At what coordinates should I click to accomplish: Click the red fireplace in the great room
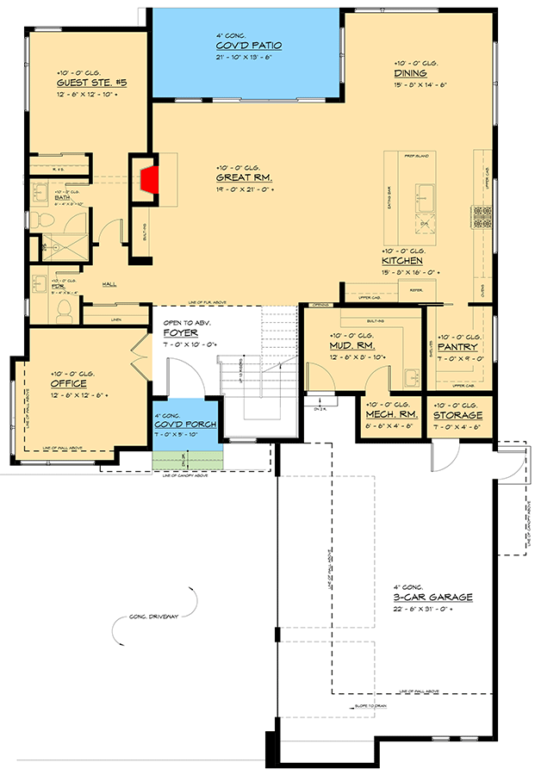[x=147, y=182]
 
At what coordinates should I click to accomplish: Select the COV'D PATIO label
[x=248, y=46]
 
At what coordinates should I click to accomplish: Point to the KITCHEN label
[x=402, y=260]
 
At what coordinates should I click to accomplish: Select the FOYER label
[x=180, y=332]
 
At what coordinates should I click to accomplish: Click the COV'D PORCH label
[x=186, y=425]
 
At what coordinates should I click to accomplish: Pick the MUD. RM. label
[x=351, y=344]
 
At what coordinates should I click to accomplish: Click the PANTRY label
[x=457, y=347]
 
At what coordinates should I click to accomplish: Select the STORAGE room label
[x=459, y=414]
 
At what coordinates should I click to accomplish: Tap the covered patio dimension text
[x=248, y=57]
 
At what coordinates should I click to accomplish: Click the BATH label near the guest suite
[x=61, y=197]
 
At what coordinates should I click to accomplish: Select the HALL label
[x=110, y=282]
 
